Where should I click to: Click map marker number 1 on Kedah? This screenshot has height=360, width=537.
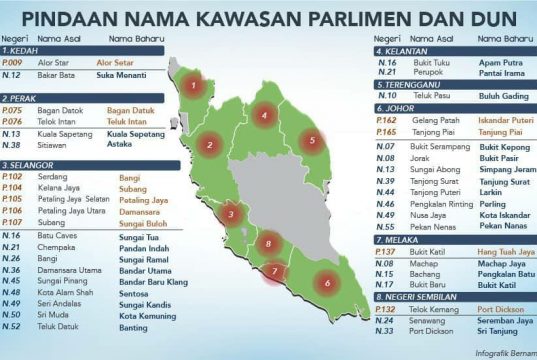click(193, 85)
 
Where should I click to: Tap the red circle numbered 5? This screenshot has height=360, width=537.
click(313, 141)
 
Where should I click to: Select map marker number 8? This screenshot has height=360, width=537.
click(268, 244)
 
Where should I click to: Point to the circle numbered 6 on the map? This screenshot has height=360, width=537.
click(327, 284)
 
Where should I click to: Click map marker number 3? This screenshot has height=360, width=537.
click(231, 213)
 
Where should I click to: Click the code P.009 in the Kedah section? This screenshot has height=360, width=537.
click(13, 62)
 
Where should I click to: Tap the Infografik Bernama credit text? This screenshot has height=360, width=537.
click(495, 352)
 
